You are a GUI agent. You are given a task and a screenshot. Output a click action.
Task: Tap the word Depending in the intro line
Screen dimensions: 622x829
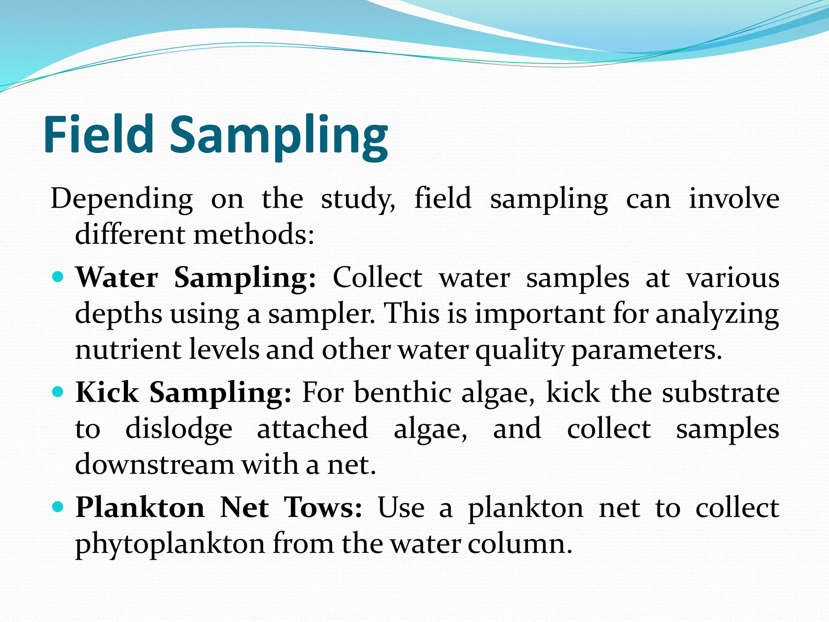coord(121,200)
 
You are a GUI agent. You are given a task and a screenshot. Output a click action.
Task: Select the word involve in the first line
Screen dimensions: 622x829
coord(734,199)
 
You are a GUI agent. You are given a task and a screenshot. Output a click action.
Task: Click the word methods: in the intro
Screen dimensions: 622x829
coord(254,235)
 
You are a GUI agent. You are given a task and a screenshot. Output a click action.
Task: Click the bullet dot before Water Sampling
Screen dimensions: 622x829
coord(59,277)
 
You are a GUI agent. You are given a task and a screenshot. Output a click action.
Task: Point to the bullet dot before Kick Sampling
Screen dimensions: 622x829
coord(59,392)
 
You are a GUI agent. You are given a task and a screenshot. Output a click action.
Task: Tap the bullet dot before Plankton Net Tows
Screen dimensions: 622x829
coord(59,507)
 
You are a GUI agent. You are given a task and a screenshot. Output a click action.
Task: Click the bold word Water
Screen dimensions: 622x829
coord(117,278)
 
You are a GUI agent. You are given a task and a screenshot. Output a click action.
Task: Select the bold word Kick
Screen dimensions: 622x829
coord(107,392)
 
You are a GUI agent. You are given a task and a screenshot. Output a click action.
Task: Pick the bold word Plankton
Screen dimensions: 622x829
coord(140,507)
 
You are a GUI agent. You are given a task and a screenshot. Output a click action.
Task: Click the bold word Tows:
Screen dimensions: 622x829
coord(323,507)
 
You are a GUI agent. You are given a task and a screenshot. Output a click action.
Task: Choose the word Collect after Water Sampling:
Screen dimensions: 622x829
coord(377,278)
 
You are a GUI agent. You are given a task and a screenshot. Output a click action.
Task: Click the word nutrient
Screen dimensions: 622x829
coord(128,350)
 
